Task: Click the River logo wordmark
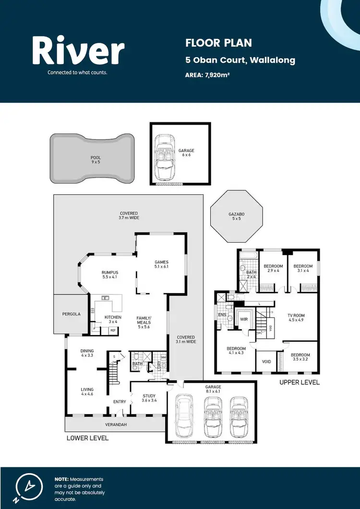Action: pos(78,52)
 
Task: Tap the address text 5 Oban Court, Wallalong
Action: pos(240,60)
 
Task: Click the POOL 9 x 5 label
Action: pos(96,160)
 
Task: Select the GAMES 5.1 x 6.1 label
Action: pos(161,264)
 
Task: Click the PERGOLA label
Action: pos(71,314)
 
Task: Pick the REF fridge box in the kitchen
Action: pos(113,330)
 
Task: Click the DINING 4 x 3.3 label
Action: pos(87,353)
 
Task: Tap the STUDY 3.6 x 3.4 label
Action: pos(149,398)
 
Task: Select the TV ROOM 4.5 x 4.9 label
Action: pos(296,318)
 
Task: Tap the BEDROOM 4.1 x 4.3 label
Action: pos(236,351)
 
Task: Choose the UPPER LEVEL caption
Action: pos(300,382)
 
